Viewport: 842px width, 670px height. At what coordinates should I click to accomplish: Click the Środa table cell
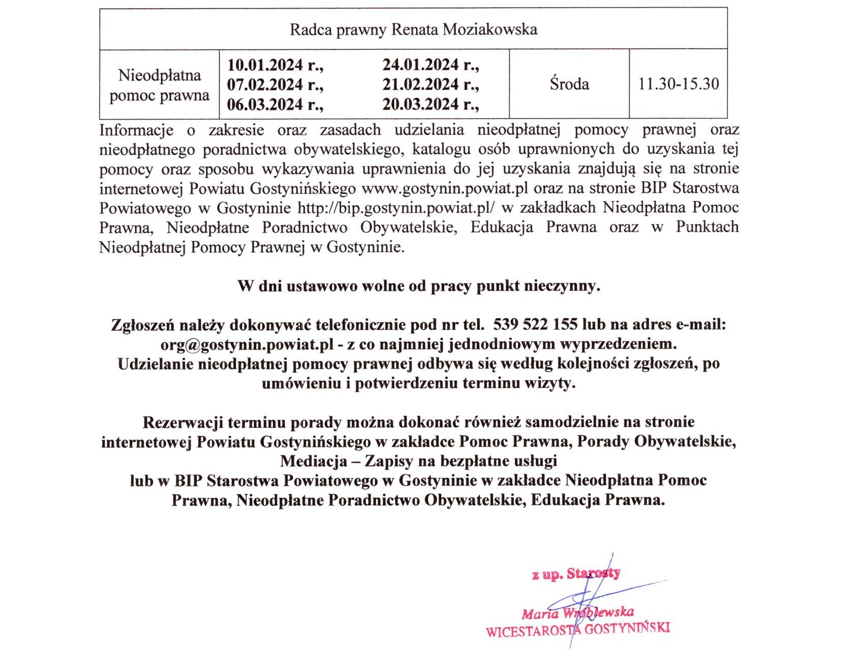tap(569, 83)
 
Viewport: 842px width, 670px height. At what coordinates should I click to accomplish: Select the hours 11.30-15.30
tap(679, 83)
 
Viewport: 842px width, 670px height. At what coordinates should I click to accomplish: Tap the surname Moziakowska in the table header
tap(490, 30)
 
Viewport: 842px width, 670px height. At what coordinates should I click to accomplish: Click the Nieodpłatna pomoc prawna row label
tap(159, 85)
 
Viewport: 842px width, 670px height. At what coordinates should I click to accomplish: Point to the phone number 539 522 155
tap(535, 324)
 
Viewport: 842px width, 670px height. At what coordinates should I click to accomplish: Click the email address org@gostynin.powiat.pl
tap(247, 344)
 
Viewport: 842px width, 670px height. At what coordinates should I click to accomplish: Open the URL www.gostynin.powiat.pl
tap(445, 188)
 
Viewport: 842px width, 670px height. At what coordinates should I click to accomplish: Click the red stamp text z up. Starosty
tap(576, 574)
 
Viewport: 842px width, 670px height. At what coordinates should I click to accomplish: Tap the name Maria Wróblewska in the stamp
tap(577, 612)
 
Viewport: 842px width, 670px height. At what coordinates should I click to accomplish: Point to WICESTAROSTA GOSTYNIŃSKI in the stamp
tap(577, 630)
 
